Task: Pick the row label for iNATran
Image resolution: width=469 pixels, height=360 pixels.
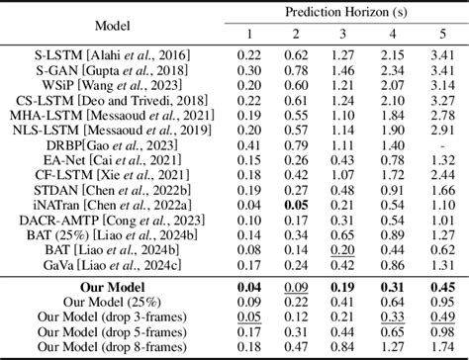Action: pos(88,203)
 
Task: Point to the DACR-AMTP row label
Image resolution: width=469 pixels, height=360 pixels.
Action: pos(88,219)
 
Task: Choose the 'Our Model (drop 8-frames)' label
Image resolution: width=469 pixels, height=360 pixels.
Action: pos(88,347)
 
